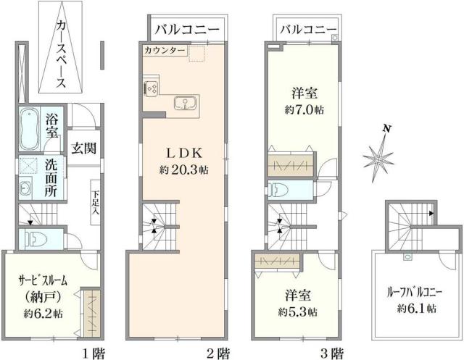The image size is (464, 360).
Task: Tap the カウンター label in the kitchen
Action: [164, 51]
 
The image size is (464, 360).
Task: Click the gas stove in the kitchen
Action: [152, 89]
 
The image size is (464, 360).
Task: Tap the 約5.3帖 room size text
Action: [297, 312]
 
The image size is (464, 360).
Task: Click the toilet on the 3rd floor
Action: [279, 189]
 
